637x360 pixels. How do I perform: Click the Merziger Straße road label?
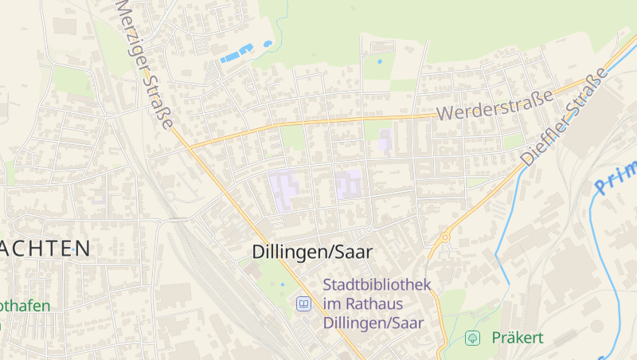pos(144,65)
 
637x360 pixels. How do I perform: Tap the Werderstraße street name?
pos(494,105)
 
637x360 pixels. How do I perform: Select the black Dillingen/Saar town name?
pos(312,252)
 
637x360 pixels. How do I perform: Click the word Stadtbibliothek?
pos(377,284)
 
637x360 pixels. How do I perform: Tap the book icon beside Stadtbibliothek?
pos(303,303)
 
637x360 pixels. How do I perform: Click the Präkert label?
pos(518,338)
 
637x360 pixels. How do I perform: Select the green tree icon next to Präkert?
pos(472,338)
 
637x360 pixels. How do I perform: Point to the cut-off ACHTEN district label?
pos(45,248)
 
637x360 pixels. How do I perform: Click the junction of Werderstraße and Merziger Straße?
pos(190,147)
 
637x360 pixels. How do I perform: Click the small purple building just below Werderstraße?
pos(386,141)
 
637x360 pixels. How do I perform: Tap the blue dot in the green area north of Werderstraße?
pos(379,61)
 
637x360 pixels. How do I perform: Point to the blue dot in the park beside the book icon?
pos(282,284)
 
